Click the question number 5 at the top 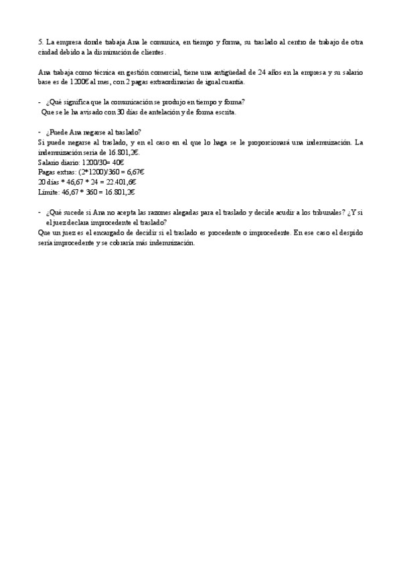[40, 41]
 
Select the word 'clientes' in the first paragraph [151, 51]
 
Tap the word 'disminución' [104, 51]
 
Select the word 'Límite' [49, 192]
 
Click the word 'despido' [350, 233]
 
